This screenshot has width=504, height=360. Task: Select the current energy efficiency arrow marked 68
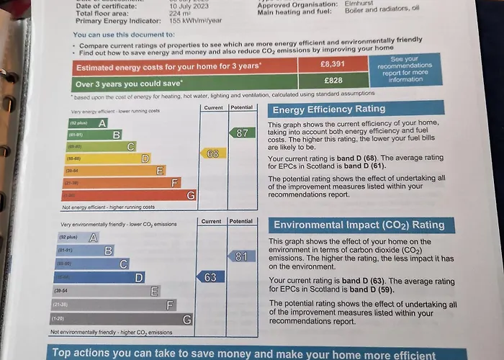point(212,153)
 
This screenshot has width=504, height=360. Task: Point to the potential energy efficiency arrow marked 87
point(242,132)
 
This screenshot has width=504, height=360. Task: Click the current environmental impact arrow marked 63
point(210,276)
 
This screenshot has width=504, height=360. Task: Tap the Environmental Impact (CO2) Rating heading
point(358,224)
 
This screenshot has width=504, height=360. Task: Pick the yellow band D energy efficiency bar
point(107,158)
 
